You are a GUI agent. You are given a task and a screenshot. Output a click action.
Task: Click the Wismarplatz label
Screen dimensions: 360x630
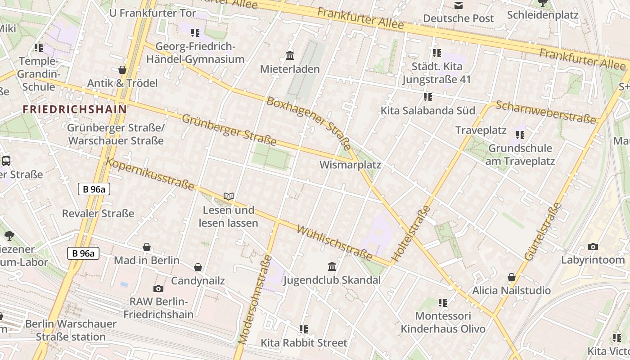pyautogui.click(x=350, y=165)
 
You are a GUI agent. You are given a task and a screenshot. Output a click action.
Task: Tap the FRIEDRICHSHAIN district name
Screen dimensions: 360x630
pyautogui.click(x=75, y=109)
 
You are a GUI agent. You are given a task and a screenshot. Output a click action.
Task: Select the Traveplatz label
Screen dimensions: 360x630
pyautogui.click(x=481, y=130)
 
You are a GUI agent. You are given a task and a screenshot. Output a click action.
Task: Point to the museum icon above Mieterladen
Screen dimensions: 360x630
pyautogui.click(x=290, y=56)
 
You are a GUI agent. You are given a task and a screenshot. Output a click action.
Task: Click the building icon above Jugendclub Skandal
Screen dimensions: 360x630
pyautogui.click(x=332, y=266)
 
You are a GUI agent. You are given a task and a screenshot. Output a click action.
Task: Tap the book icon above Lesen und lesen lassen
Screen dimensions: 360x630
pyautogui.click(x=229, y=196)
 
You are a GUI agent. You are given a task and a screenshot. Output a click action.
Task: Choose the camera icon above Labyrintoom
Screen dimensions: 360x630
pyautogui.click(x=593, y=247)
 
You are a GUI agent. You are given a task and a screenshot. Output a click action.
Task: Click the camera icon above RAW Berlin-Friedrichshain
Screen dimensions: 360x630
pyautogui.click(x=158, y=288)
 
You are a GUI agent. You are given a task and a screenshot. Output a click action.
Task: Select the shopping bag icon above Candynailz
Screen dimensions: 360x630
pyautogui.click(x=198, y=268)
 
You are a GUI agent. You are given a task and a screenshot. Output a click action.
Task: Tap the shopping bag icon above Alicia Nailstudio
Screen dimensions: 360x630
pyautogui.click(x=511, y=277)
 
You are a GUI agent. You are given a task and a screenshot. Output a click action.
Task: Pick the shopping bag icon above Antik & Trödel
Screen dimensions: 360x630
pyautogui.click(x=122, y=70)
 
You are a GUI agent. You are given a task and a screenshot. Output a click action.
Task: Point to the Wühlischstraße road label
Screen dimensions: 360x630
pyautogui.click(x=334, y=243)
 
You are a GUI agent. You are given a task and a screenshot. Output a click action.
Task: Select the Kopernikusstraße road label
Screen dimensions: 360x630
pyautogui.click(x=150, y=174)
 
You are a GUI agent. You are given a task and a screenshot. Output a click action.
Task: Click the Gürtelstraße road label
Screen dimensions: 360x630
pyautogui.click(x=543, y=231)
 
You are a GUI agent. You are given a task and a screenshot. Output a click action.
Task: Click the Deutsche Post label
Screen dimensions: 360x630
pyautogui.click(x=459, y=18)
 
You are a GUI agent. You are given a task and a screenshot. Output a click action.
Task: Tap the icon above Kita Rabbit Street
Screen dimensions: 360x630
pyautogui.click(x=304, y=329)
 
